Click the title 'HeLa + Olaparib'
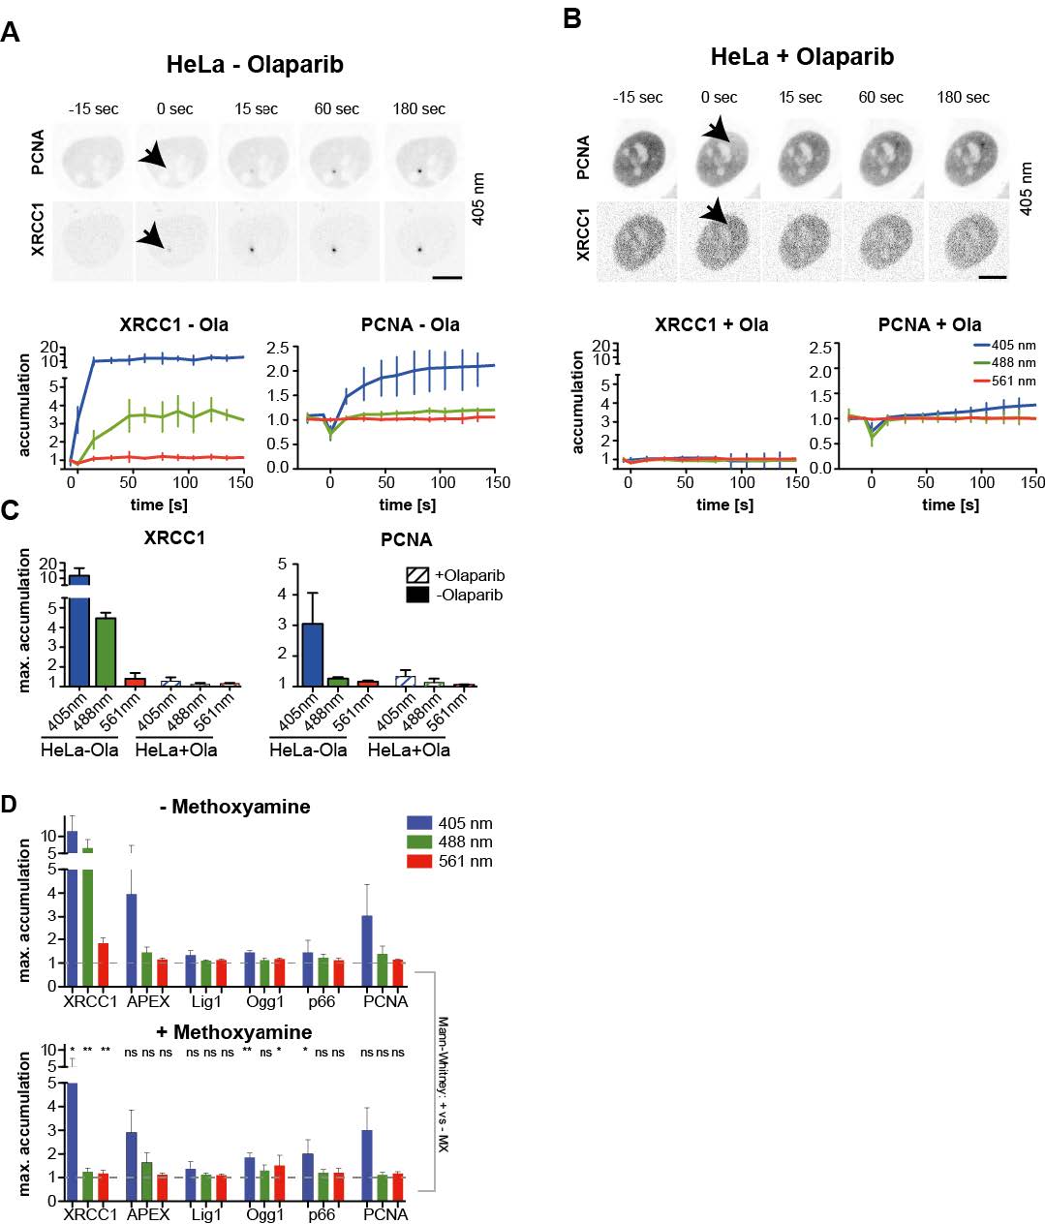pyautogui.click(x=801, y=56)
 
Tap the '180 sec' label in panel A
pyautogui.click(x=418, y=108)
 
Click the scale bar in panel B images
pyautogui.click(x=993, y=277)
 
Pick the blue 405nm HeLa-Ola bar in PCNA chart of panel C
pyautogui.click(x=312, y=654)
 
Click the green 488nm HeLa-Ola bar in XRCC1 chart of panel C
pyautogui.click(x=107, y=651)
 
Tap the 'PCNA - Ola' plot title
pyautogui.click(x=411, y=324)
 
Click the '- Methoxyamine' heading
pyautogui.click(x=234, y=807)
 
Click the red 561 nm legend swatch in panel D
pyautogui.click(x=419, y=861)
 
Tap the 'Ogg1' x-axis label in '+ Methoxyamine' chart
pyautogui.click(x=264, y=1214)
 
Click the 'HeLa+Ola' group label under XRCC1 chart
pyautogui.click(x=175, y=750)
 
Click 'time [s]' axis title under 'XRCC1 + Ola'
pyautogui.click(x=725, y=505)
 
